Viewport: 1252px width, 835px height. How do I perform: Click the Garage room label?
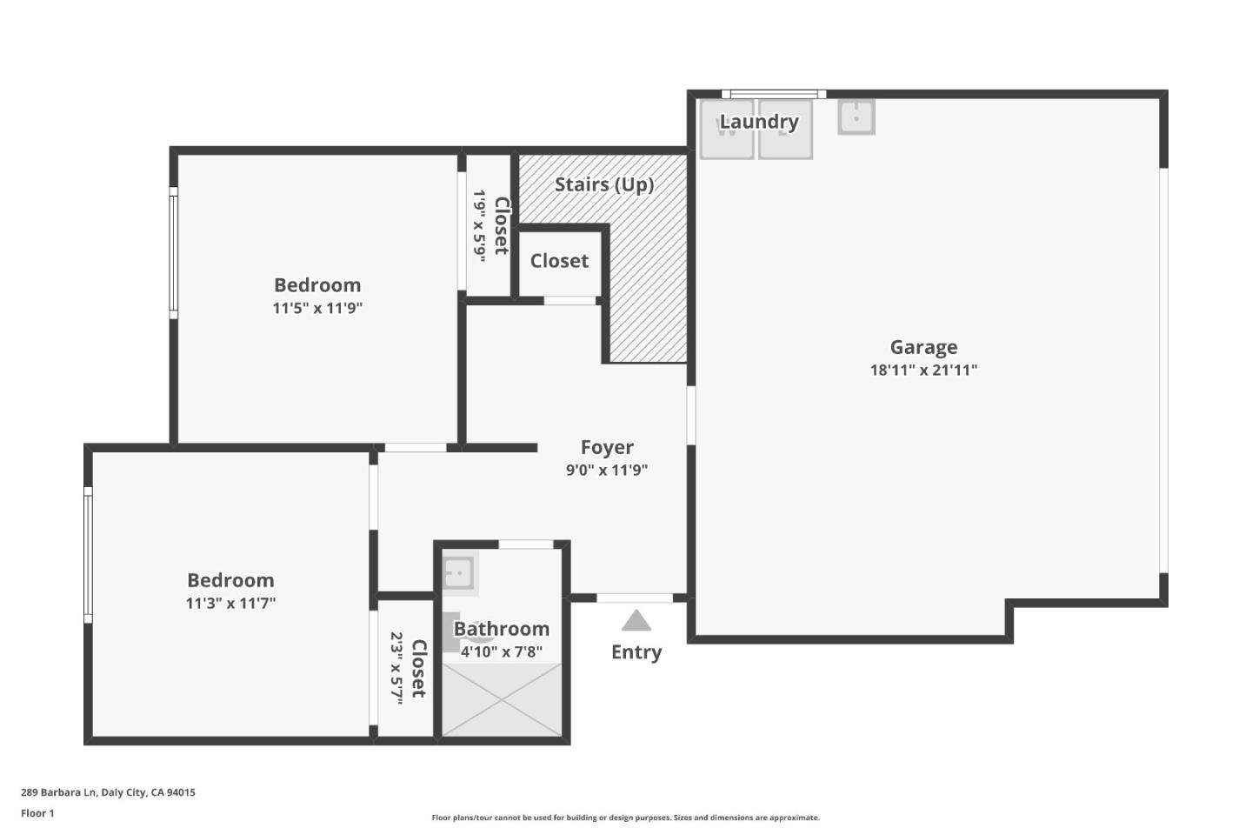pos(923,347)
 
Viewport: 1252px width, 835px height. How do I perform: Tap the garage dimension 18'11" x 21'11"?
pos(923,370)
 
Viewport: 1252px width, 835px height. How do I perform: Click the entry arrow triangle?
pos(636,621)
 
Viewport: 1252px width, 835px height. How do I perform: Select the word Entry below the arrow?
pos(636,652)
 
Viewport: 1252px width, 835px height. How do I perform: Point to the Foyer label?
pos(607,447)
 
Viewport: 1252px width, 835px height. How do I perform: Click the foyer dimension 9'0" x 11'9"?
pos(607,471)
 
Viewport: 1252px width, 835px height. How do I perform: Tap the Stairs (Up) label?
pos(604,184)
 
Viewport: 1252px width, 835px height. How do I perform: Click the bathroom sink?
pos(458,573)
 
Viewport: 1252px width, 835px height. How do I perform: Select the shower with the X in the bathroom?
pos(502,699)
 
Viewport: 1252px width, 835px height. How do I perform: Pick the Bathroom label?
pos(502,629)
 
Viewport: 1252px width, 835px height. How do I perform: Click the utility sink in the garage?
pos(856,117)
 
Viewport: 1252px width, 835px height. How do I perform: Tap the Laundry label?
pos(758,122)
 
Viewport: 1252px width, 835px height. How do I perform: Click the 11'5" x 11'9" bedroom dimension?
pos(317,308)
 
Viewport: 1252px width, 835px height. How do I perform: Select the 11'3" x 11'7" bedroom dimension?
pos(230,604)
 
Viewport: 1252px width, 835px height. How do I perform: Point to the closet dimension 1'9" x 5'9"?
pos(479,225)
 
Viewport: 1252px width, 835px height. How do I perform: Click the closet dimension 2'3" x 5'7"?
pos(396,667)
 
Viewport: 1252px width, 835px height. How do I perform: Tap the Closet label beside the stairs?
pos(559,261)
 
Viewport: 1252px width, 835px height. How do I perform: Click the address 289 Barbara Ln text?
pos(108,792)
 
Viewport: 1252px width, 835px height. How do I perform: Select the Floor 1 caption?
pos(37,813)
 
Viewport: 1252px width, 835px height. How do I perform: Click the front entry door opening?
pos(635,598)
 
